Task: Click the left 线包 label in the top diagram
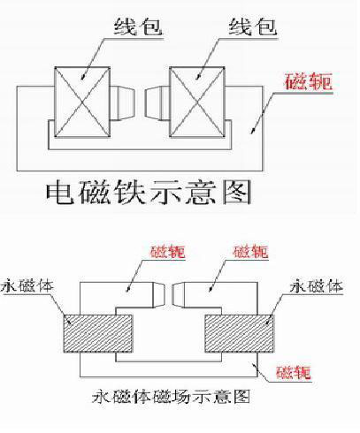coord(138,27)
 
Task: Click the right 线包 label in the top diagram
coord(253,27)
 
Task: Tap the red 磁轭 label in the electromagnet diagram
coord(308,81)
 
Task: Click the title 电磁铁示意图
coord(149,192)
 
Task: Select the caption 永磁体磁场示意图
coord(171,397)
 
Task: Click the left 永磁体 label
coord(27,285)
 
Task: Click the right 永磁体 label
coord(317,286)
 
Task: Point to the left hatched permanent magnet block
coord(98,333)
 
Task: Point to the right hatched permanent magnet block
coord(239,333)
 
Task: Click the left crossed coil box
coord(82,102)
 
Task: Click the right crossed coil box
coord(197,102)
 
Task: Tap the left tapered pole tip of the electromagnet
coord(123,103)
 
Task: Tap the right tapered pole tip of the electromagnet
coord(157,103)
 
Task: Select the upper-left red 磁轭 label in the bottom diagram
coord(168,252)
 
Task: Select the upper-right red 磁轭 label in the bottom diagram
coord(251,252)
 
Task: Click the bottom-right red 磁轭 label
coord(294,373)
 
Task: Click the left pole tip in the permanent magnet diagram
coord(158,295)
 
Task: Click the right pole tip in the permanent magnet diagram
coord(179,295)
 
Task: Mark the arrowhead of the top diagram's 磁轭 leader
coord(253,131)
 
